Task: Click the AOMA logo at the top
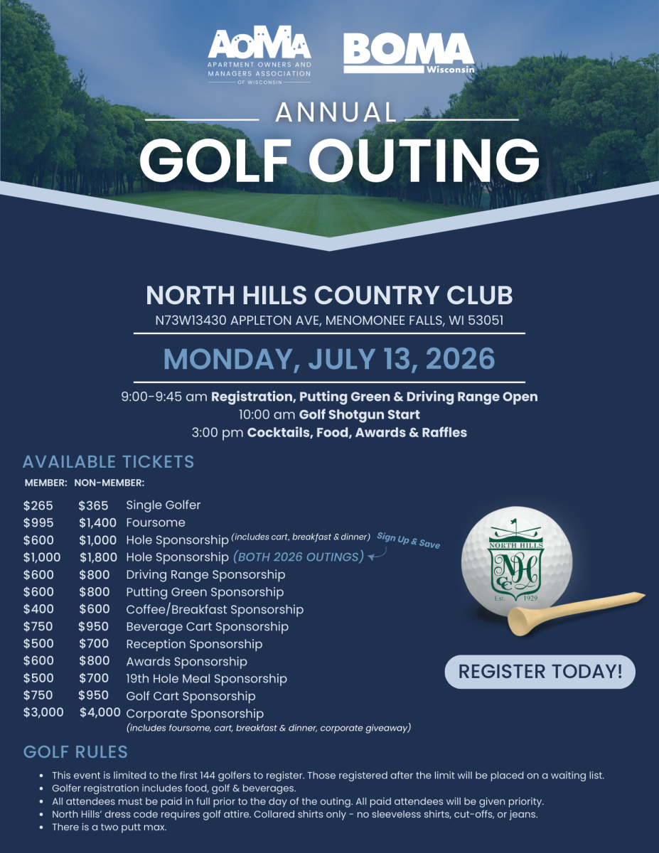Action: [259, 55]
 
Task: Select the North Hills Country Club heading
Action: [329, 295]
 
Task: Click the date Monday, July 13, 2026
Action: [329, 358]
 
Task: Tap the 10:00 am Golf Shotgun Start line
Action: [329, 414]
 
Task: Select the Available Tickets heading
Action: [108, 461]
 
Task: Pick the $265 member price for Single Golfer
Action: [38, 505]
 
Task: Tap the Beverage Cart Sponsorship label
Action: [207, 627]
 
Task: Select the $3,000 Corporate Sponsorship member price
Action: [43, 712]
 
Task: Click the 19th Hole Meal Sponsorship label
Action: [206, 679]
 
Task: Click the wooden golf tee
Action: [576, 612]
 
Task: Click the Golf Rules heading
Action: [75, 752]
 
